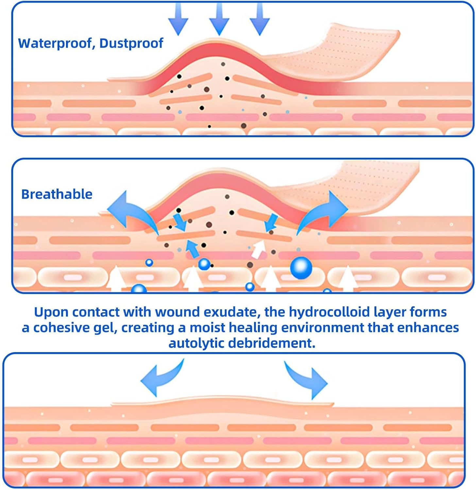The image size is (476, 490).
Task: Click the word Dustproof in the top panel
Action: (131, 43)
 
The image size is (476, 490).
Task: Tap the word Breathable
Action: (57, 194)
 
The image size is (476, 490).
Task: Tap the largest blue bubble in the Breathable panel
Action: (301, 268)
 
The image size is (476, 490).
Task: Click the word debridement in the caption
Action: (271, 343)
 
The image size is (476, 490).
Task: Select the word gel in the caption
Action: (105, 328)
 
